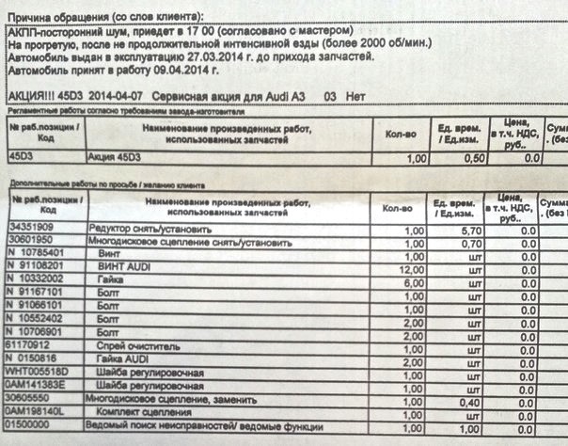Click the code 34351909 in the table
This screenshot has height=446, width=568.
tap(32, 229)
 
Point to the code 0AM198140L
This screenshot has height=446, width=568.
tap(39, 412)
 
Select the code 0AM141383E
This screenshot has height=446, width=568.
tap(39, 386)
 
